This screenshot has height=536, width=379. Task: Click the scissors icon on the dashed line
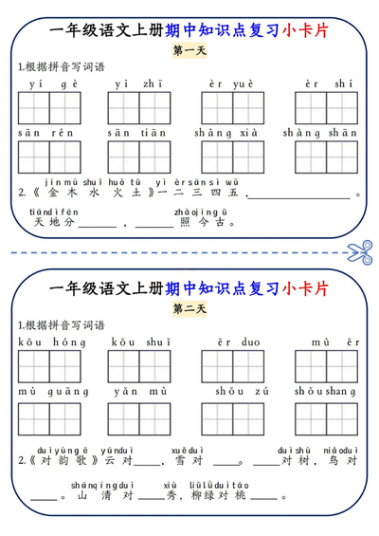[360, 252]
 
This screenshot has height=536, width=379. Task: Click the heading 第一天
[189, 50]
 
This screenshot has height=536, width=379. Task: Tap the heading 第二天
[189, 307]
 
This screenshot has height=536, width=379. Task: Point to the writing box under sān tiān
[140, 157]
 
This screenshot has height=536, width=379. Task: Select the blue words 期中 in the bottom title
[180, 286]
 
